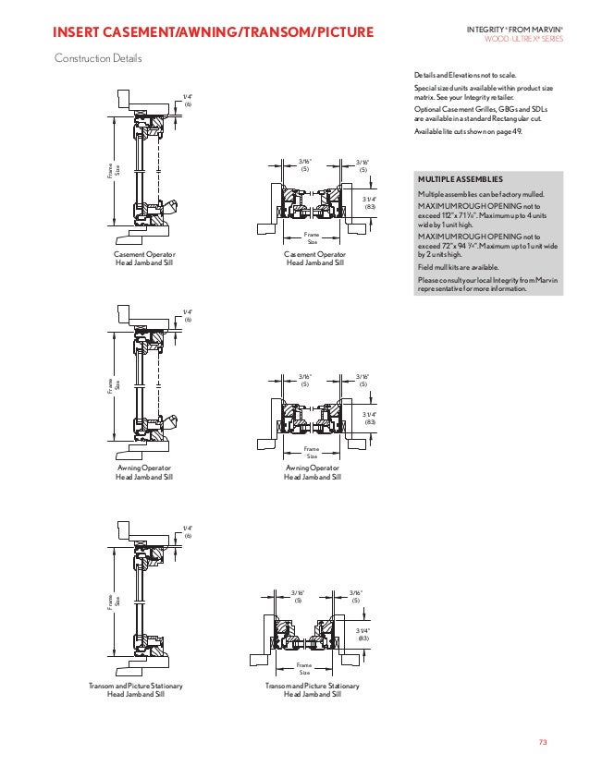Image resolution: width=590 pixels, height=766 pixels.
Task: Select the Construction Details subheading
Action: pyautogui.click(x=98, y=59)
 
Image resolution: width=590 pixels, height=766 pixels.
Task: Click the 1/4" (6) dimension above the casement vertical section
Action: pyautogui.click(x=187, y=100)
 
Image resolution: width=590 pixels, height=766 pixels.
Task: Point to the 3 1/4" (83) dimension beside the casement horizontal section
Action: pyautogui.click(x=370, y=202)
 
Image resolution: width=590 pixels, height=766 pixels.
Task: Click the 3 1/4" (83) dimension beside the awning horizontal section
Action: pyautogui.click(x=370, y=418)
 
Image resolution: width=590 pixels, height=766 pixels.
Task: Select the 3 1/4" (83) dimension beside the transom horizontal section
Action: pyautogui.click(x=363, y=634)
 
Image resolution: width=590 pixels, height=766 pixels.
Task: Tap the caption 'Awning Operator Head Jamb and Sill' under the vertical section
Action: pyautogui.click(x=143, y=472)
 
